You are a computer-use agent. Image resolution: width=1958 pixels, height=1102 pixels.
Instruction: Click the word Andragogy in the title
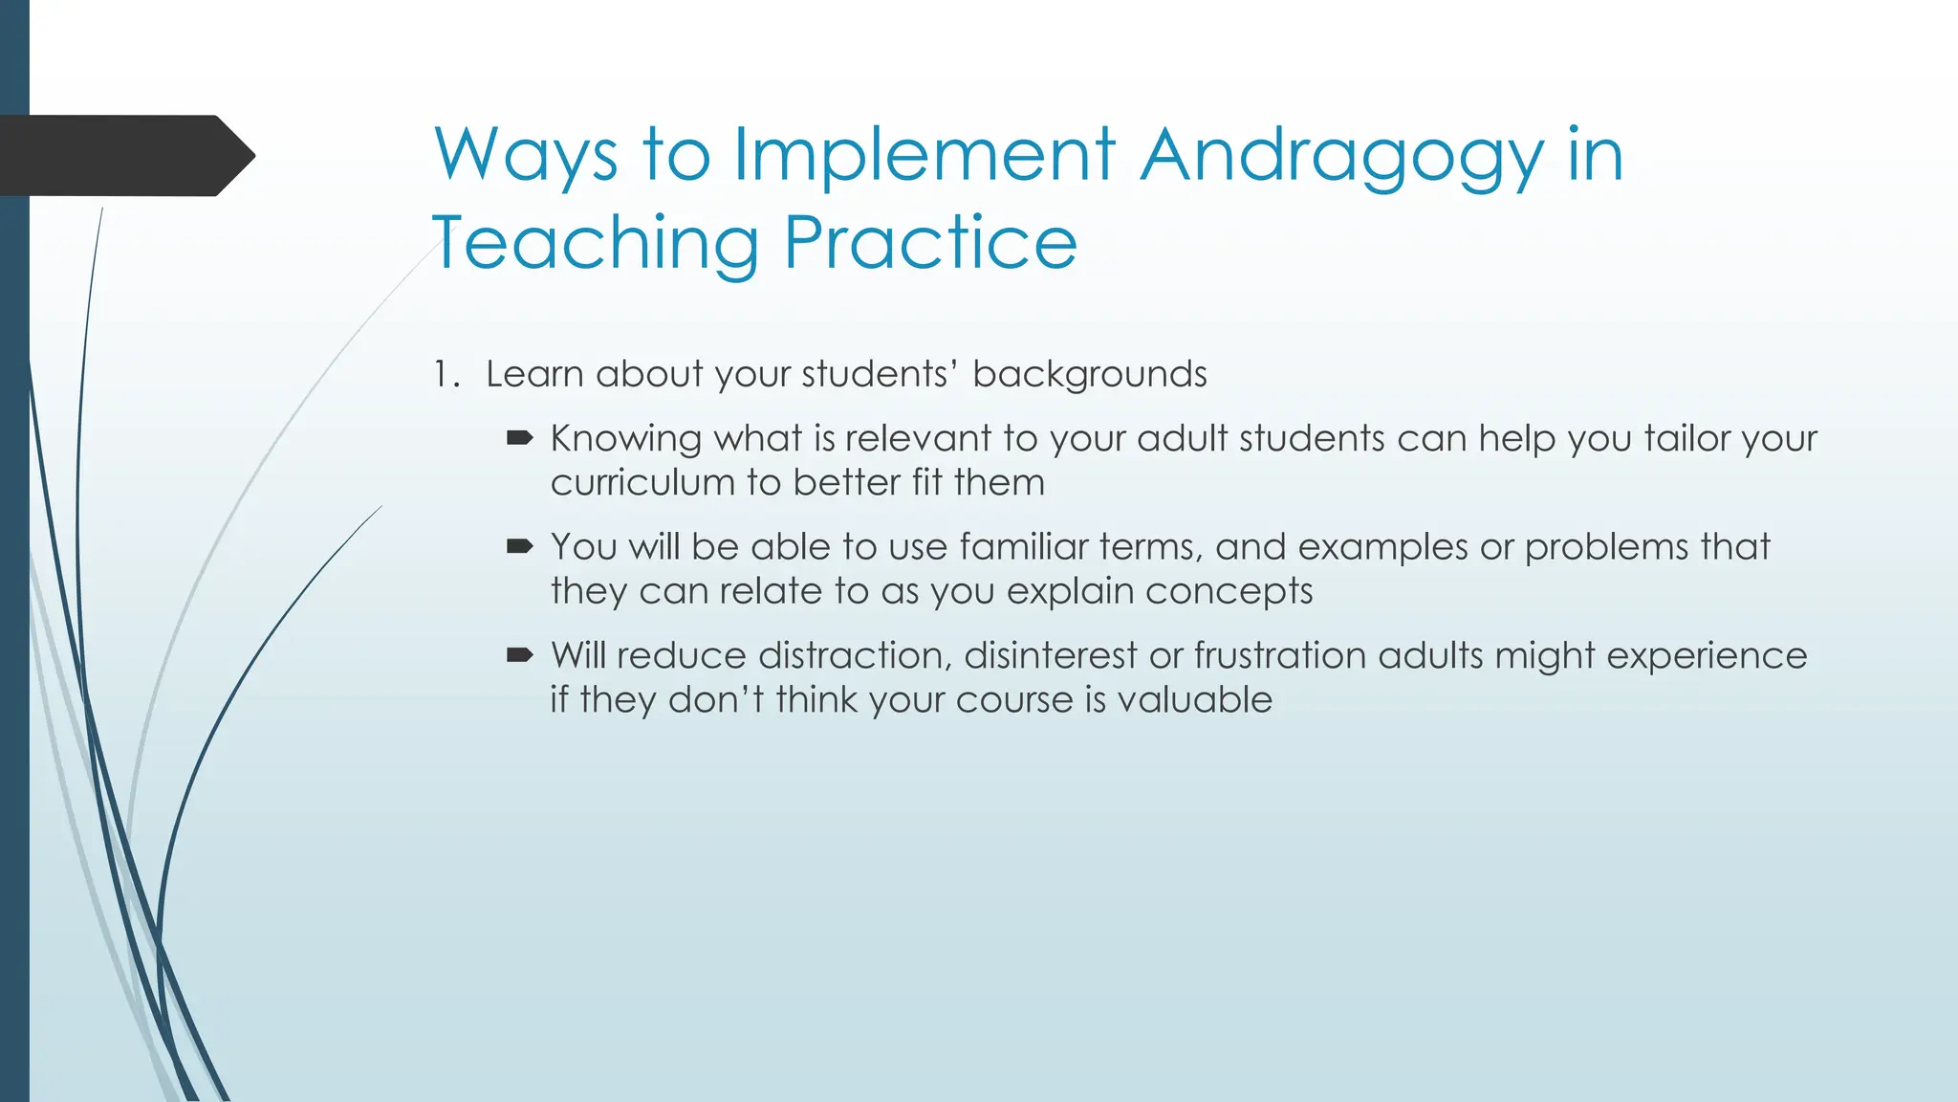coord(1342,157)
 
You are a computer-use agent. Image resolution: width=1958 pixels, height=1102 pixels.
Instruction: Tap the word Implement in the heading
coord(924,157)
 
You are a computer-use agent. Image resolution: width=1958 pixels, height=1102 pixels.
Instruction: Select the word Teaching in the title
coord(595,243)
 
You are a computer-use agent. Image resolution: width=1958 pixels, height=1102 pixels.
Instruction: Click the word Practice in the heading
coord(930,243)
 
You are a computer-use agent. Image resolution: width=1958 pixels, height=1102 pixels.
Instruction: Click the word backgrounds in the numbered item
coord(1089,374)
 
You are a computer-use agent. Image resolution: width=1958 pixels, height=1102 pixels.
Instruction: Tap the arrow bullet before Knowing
coord(519,438)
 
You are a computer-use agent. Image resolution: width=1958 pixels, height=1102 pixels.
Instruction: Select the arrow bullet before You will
coord(519,546)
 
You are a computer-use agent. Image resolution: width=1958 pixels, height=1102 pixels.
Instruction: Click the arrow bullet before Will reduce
coord(519,655)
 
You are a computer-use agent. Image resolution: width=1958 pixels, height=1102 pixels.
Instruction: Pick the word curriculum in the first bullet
coord(642,483)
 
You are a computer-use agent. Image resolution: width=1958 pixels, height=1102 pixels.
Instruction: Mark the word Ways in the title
coord(525,157)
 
